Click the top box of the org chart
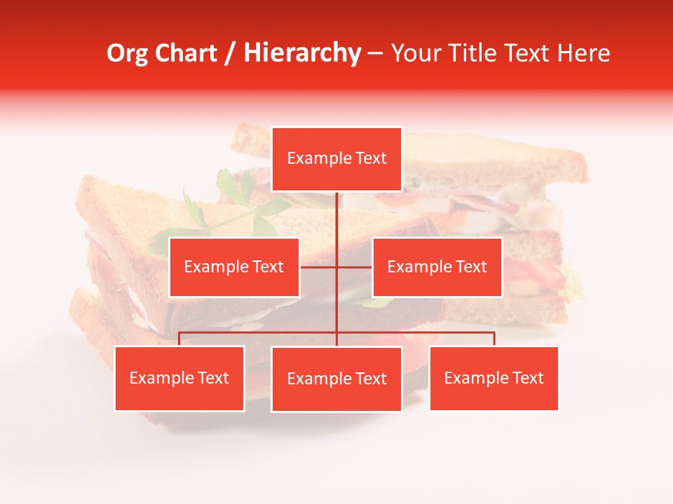click(x=336, y=159)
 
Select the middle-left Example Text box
click(x=234, y=267)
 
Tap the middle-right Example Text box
click(x=437, y=267)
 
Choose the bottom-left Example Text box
click(x=179, y=378)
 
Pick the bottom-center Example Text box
click(x=336, y=379)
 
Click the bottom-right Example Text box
click(x=494, y=378)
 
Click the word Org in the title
click(x=127, y=53)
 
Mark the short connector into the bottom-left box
click(x=179, y=339)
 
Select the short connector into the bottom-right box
click(x=494, y=339)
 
